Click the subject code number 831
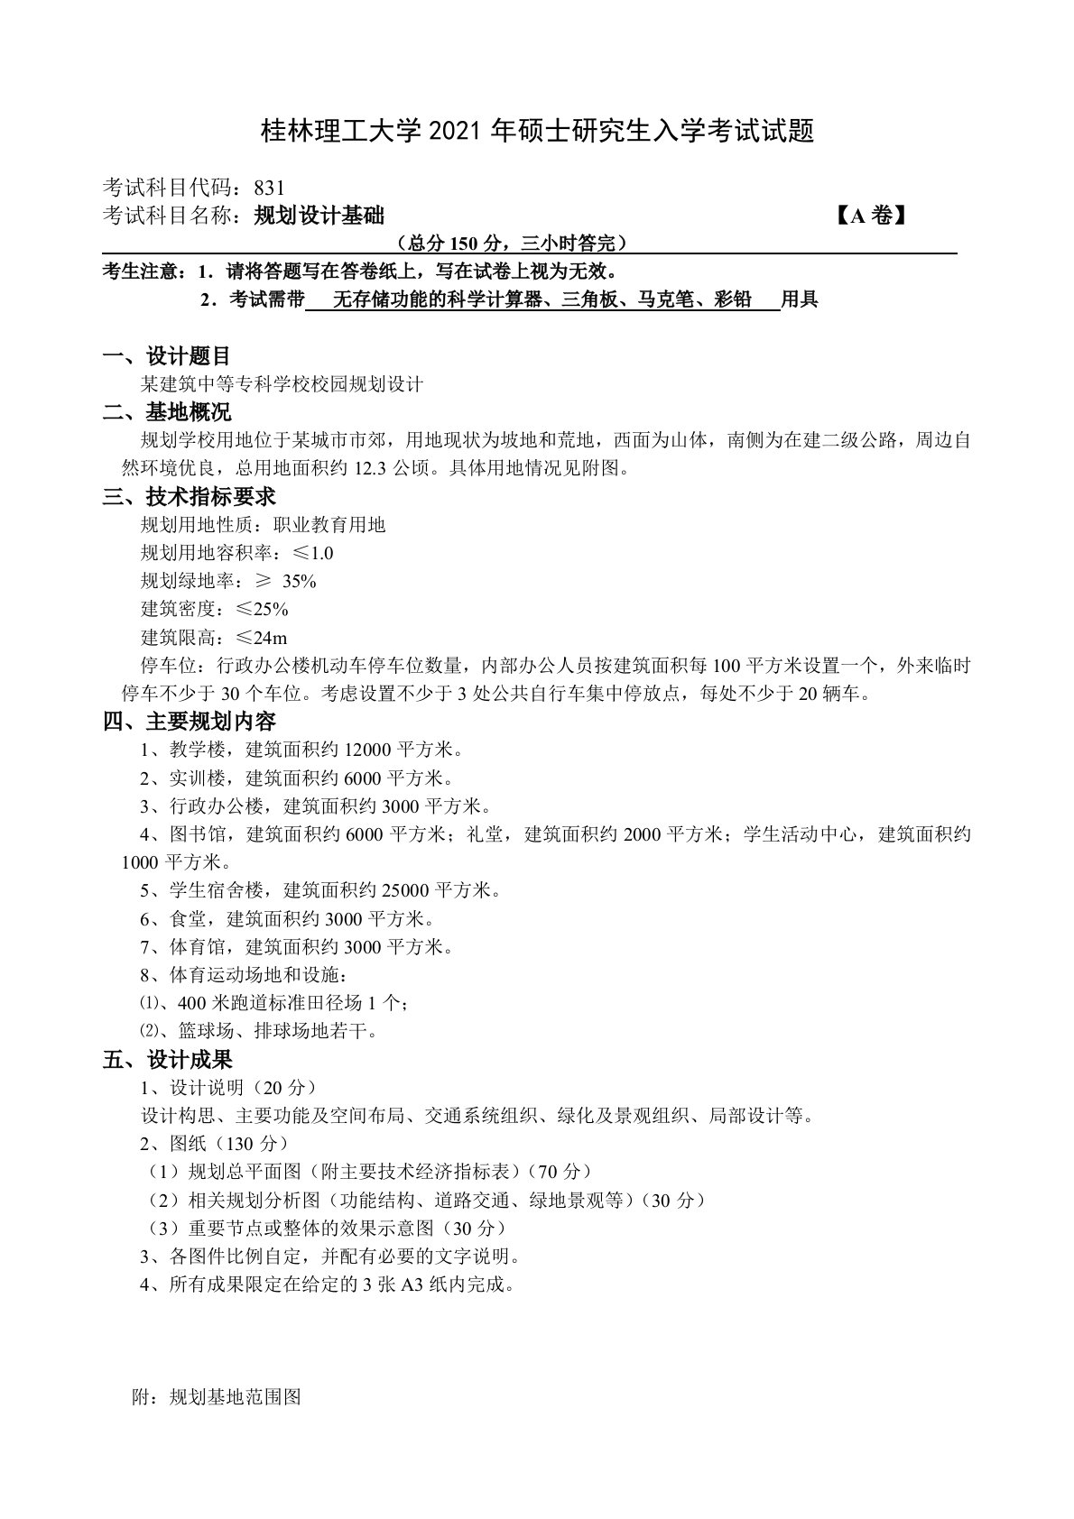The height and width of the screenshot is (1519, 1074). click(269, 188)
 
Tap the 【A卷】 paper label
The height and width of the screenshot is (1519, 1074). click(871, 216)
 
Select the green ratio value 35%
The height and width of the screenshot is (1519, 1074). click(299, 581)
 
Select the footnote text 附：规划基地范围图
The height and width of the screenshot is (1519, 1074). click(216, 1397)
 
